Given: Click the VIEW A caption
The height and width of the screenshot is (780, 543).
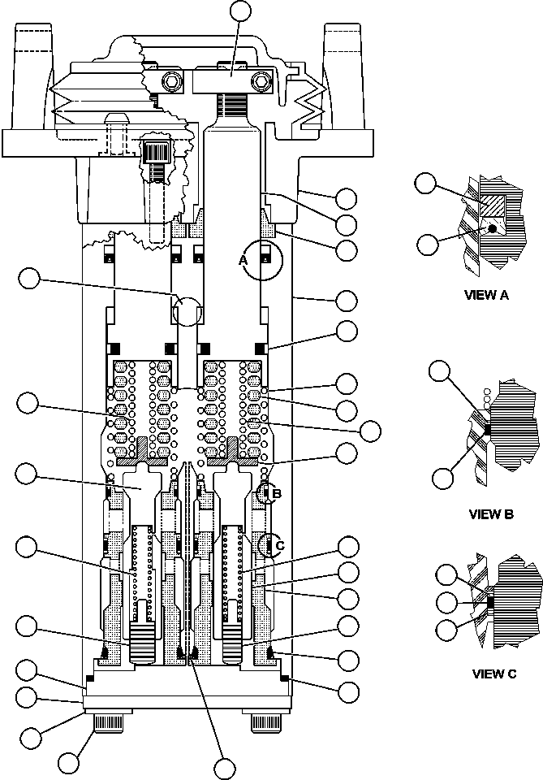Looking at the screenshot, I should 486,295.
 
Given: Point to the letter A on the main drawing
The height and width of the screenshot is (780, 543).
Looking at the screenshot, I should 242,260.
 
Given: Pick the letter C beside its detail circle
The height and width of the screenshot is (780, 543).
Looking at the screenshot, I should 279,545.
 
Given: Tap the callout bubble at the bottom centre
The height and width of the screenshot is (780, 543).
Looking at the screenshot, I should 223,766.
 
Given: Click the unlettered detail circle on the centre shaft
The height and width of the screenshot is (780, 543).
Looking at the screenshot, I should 188,311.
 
